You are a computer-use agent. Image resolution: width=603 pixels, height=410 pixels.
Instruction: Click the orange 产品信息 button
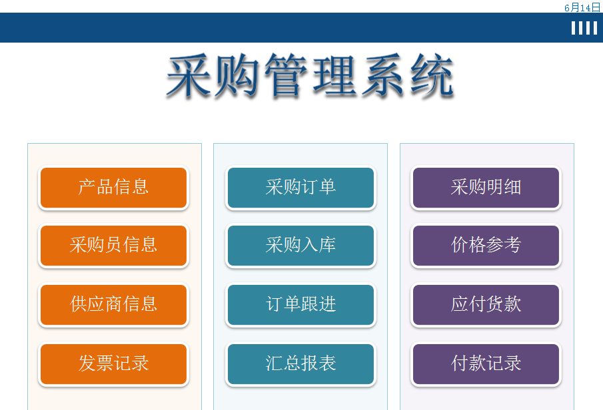point(113,188)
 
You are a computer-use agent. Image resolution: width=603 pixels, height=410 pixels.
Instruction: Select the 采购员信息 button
point(113,246)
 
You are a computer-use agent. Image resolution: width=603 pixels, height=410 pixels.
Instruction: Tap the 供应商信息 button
point(113,305)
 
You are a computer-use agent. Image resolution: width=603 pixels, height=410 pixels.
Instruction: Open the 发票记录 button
point(113,364)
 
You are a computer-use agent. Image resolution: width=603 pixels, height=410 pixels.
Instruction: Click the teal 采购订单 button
point(301,188)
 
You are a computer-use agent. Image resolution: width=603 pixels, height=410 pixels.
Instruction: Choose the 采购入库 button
point(301,246)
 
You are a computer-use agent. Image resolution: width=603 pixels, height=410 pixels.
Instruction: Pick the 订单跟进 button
point(301,305)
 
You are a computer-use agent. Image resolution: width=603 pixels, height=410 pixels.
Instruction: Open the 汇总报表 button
point(301,364)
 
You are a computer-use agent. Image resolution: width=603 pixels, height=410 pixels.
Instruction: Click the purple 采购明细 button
point(486,188)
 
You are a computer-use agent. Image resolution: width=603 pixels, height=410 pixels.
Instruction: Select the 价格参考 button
point(486,246)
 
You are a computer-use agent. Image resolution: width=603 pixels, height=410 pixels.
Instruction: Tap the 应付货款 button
point(486,305)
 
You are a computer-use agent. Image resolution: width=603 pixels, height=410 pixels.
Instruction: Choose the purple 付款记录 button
point(486,364)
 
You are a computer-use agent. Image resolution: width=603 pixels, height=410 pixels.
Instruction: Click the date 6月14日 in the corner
point(582,7)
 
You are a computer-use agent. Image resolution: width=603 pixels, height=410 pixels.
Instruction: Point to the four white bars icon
point(584,28)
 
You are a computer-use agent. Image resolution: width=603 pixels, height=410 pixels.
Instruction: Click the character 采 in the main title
point(189,75)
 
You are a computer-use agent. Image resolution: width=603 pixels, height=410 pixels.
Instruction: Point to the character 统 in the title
point(432,75)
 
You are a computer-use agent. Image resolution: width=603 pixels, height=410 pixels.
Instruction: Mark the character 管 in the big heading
point(286,75)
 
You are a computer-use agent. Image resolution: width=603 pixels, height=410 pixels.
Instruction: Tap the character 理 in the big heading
point(334,75)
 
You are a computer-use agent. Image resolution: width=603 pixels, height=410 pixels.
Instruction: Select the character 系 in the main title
point(382,75)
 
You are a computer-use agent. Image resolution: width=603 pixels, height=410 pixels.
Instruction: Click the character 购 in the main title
point(237,75)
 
